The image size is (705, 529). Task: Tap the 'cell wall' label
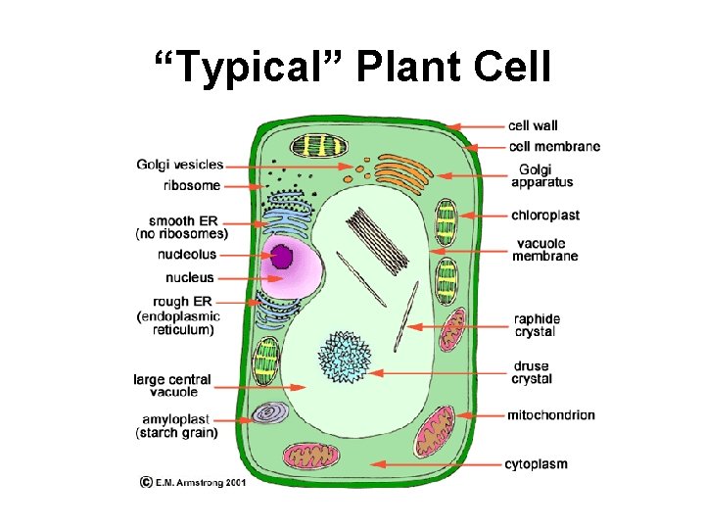[x=533, y=125]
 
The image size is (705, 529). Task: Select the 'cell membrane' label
[x=554, y=147]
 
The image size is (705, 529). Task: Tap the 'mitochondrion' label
[x=550, y=415]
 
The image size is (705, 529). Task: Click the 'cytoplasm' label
[x=536, y=463]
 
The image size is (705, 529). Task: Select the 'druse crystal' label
[x=531, y=373]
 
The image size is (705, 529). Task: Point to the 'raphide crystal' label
[x=537, y=325]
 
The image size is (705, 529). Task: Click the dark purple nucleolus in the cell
[x=282, y=256]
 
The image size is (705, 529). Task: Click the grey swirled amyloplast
[x=267, y=414]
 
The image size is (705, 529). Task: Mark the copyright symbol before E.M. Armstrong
[x=145, y=482]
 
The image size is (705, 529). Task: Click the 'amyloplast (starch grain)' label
[x=177, y=426]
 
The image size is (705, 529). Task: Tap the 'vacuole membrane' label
[x=544, y=250]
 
